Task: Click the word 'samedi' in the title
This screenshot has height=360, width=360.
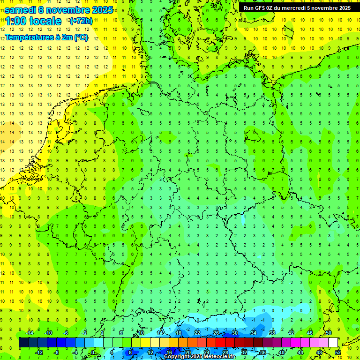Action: tap(20, 10)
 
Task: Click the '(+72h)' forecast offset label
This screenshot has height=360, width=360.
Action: tap(81, 21)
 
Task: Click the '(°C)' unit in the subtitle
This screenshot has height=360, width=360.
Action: tap(80, 37)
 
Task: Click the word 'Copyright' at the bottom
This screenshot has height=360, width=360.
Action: tap(177, 357)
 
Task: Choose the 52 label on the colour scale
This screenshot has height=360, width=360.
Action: tap(338, 352)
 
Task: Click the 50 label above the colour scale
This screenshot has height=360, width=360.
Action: tap(329, 333)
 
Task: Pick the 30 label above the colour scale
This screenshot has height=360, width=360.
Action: tap(234, 333)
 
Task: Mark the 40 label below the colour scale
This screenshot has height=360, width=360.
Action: tap(281, 352)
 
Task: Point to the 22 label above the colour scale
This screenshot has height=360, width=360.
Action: tap(197, 333)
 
